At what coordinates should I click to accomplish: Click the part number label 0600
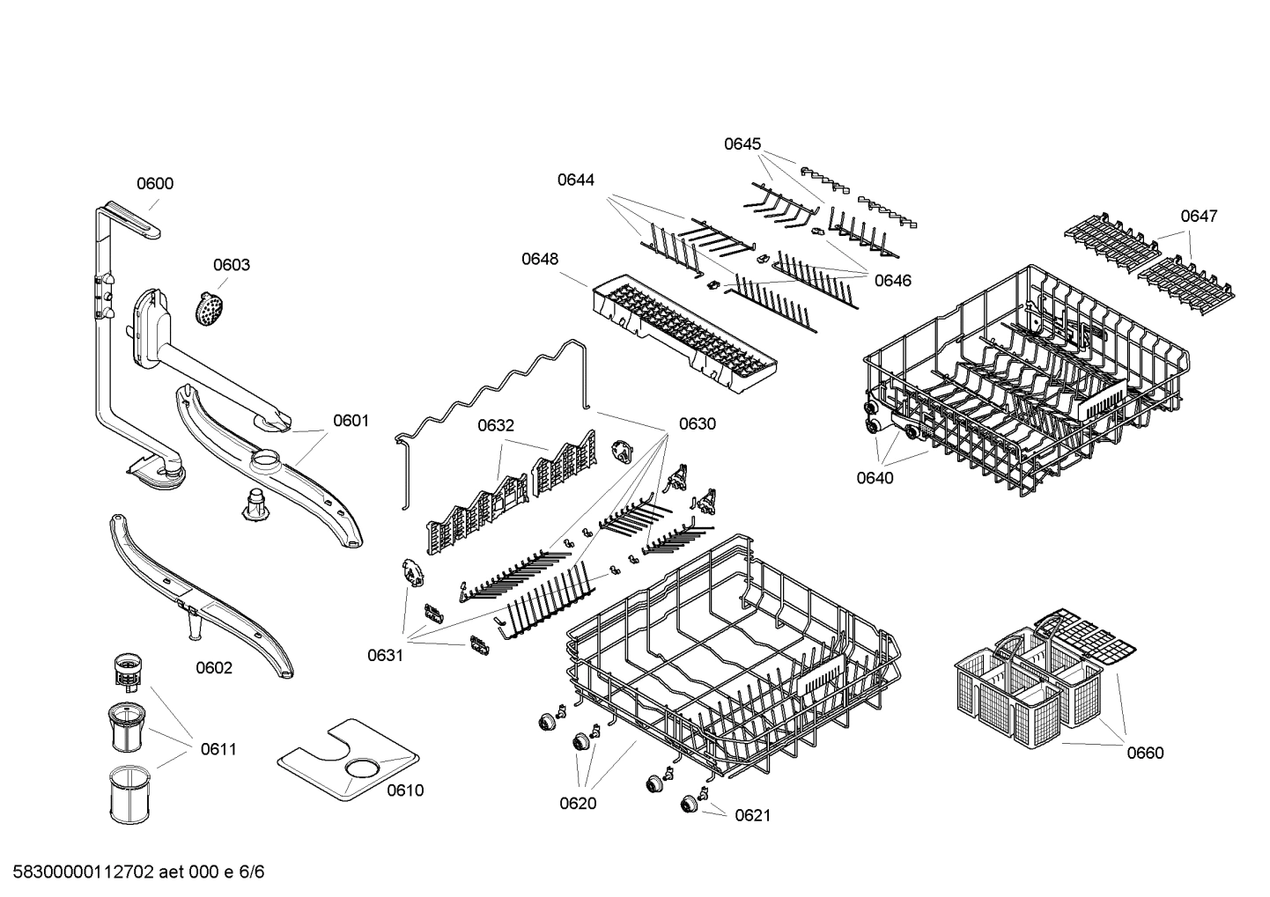click(x=154, y=184)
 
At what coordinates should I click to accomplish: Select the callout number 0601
click(x=351, y=421)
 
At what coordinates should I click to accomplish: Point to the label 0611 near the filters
click(x=218, y=749)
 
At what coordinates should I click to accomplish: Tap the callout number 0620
click(x=578, y=803)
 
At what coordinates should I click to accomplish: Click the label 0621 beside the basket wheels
click(x=752, y=815)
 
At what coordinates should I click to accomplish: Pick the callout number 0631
click(x=385, y=655)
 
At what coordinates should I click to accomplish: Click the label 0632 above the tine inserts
click(x=496, y=426)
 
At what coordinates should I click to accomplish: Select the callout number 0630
click(x=697, y=423)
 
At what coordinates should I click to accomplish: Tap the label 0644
click(x=575, y=180)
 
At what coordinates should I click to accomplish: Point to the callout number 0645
click(x=742, y=143)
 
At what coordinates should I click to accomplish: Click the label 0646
click(x=892, y=281)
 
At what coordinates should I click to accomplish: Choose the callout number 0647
click(x=1199, y=216)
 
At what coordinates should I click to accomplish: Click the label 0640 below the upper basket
click(x=875, y=478)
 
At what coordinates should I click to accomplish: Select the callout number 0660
click(x=1145, y=753)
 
